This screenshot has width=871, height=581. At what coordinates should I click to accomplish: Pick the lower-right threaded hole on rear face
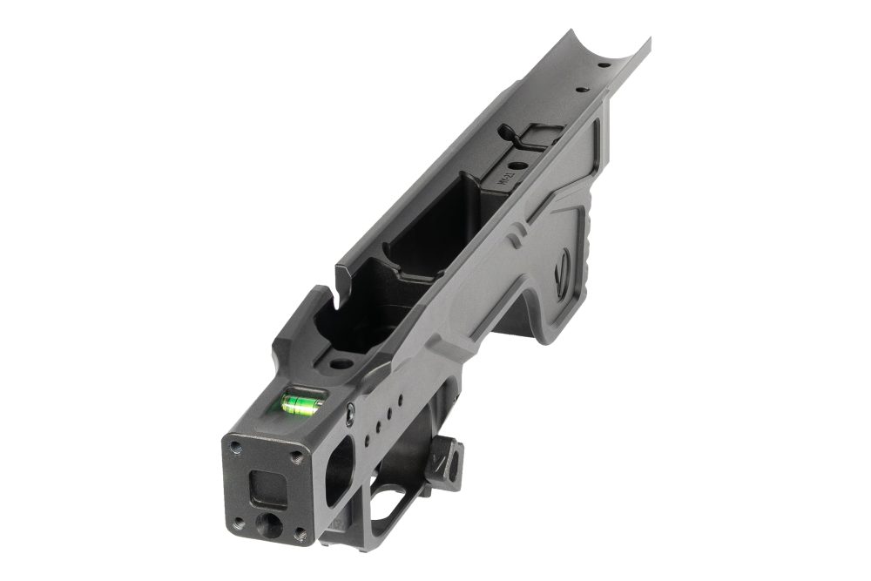coord(300,534)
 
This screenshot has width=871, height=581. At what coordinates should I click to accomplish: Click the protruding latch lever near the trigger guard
coord(451,459)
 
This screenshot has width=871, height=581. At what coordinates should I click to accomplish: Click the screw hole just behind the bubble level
coord(341,363)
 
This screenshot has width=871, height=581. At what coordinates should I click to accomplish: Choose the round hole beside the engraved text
coord(517,166)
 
